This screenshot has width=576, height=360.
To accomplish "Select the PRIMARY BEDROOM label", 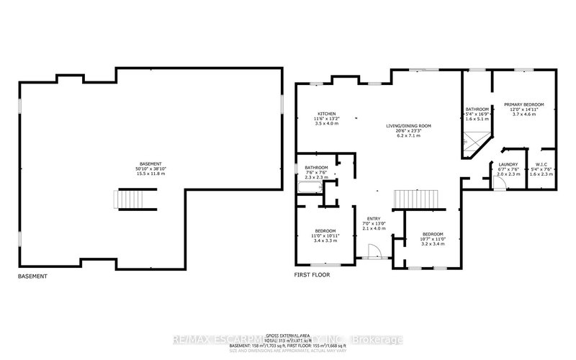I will [x=523, y=104].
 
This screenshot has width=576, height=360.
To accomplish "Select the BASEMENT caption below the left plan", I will [x=33, y=276].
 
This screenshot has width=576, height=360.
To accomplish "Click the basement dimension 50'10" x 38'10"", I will [x=151, y=168].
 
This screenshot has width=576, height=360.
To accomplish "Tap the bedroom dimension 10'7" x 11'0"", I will [x=432, y=239].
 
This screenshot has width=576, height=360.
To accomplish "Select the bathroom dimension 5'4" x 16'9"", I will [x=477, y=114].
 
